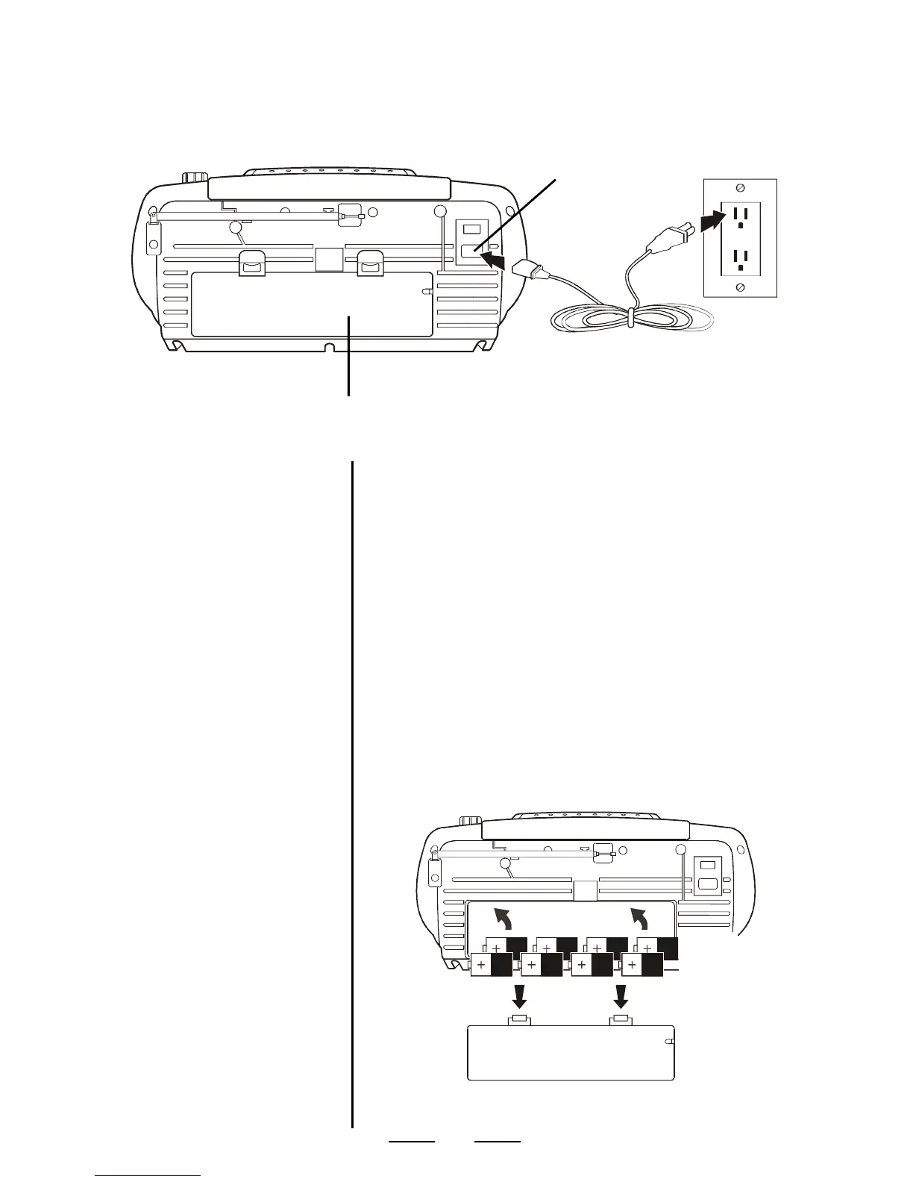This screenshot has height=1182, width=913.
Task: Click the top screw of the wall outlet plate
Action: [x=740, y=187]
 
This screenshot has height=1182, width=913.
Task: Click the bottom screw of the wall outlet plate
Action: [x=740, y=287]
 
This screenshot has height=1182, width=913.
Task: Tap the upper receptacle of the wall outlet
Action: [x=740, y=216]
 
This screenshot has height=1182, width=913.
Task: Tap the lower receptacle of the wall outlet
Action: [x=740, y=259]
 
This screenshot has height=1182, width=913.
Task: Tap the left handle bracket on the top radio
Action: [x=252, y=263]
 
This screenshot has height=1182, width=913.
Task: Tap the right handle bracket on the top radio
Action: [x=370, y=263]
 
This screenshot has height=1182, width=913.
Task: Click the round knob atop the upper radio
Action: [x=195, y=178]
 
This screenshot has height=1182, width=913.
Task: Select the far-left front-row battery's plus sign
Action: [x=481, y=966]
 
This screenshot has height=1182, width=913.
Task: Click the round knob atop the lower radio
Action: [x=469, y=821]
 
